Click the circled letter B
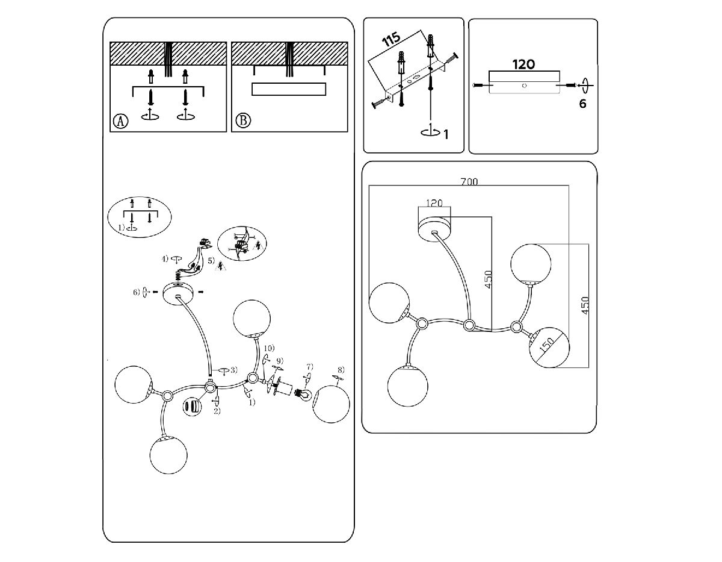(242, 121)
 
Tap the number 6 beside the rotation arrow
(582, 104)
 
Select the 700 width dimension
(469, 182)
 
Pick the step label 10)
(268, 348)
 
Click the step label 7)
(310, 366)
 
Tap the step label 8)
(341, 369)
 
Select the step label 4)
(165, 259)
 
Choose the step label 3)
(234, 369)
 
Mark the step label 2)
(217, 411)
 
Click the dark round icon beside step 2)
(191, 406)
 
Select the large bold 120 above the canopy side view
(523, 63)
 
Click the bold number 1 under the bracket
(446, 134)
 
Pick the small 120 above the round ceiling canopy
(434, 204)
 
